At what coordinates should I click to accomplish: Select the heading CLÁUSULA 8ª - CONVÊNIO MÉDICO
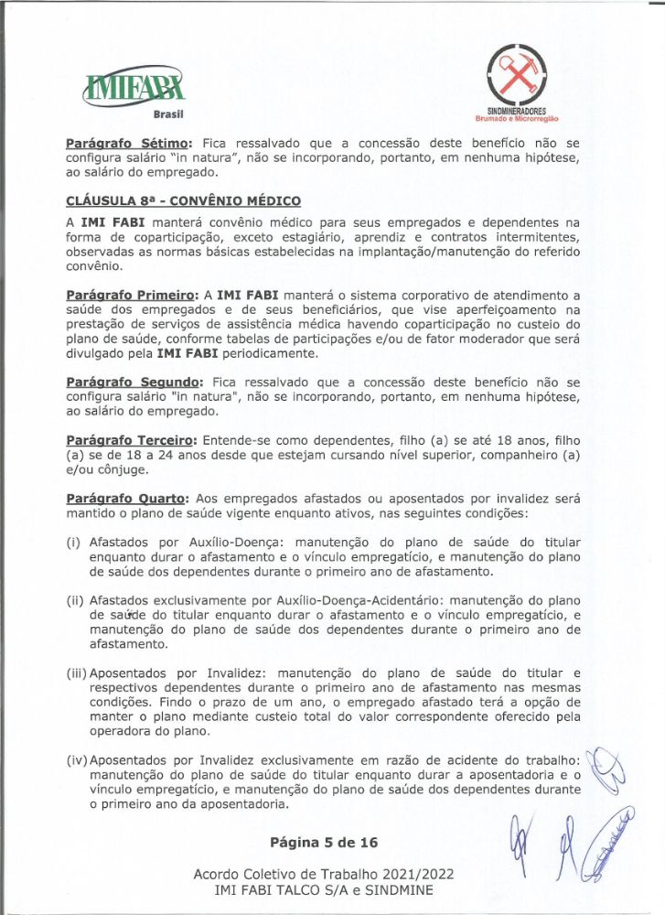[183, 200]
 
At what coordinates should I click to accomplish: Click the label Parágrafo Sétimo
[127, 144]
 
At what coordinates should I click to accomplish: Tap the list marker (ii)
[74, 601]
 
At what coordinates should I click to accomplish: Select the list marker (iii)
[76, 673]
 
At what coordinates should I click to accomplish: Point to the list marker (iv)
[76, 760]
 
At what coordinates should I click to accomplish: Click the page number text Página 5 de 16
[323, 842]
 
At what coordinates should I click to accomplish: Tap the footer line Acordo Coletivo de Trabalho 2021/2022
[323, 874]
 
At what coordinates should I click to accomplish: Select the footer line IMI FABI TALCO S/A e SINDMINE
[323, 889]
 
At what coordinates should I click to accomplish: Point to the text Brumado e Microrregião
[516, 118]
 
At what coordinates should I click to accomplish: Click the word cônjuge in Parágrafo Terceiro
[118, 469]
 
